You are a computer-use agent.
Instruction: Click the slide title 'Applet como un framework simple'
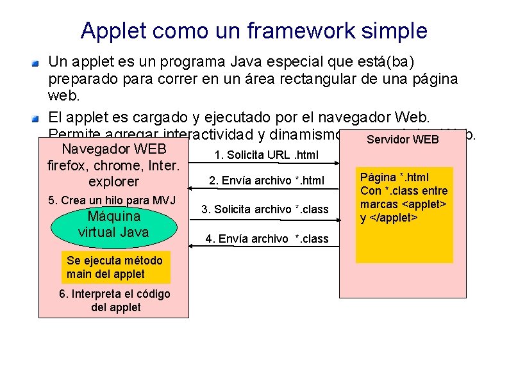tap(254, 30)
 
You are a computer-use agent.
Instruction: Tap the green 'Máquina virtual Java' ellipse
tap(113, 223)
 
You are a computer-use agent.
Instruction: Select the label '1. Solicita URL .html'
tap(266, 155)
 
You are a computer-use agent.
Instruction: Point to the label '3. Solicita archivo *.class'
tap(265, 209)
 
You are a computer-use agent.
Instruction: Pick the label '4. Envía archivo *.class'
tap(267, 238)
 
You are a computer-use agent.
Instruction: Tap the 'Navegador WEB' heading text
tap(114, 150)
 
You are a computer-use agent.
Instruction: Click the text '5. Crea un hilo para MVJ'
tap(112, 200)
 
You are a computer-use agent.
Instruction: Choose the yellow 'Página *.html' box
tap(404, 215)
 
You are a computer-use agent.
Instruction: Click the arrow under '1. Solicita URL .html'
tap(263, 163)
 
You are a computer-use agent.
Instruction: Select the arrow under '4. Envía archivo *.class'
tap(263, 248)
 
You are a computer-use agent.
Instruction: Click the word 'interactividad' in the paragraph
tap(206, 135)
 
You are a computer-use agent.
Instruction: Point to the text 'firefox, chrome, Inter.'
tap(113, 166)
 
